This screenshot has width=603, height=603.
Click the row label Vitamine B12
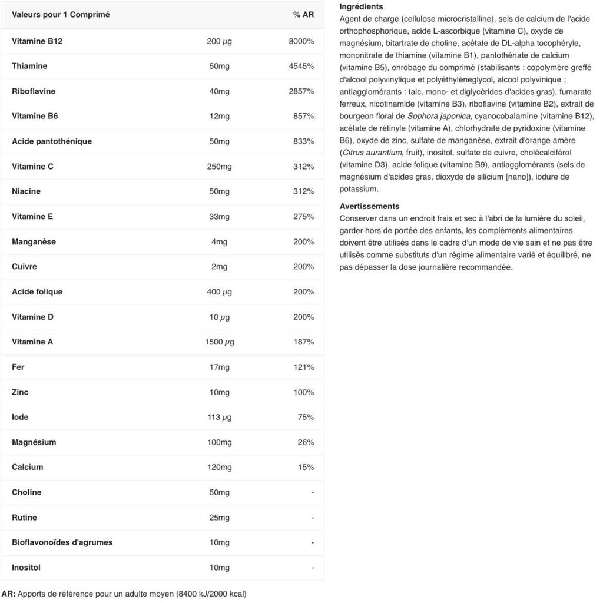(x=37, y=41)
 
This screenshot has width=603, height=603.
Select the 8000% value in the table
(x=301, y=41)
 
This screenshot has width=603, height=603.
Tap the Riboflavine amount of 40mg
(x=220, y=91)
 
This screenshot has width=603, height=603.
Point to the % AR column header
(x=303, y=15)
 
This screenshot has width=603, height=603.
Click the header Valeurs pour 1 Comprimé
(x=61, y=15)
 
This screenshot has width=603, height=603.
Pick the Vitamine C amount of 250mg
(x=220, y=167)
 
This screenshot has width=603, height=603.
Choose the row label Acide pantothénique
(x=52, y=141)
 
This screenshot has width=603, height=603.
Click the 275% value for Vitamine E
(x=303, y=217)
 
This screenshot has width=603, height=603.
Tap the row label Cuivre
(x=24, y=267)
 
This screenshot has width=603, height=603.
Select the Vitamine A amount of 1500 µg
(x=220, y=342)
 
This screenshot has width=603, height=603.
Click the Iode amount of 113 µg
(x=220, y=418)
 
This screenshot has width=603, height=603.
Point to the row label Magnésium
(x=34, y=442)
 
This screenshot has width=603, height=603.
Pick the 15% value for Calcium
(x=306, y=468)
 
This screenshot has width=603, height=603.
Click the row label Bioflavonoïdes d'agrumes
(x=62, y=542)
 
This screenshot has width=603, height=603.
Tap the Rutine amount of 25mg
(x=220, y=518)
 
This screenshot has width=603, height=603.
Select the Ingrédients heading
(x=361, y=7)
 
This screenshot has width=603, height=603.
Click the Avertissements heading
(x=369, y=206)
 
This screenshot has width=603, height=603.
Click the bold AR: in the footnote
(x=8, y=594)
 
